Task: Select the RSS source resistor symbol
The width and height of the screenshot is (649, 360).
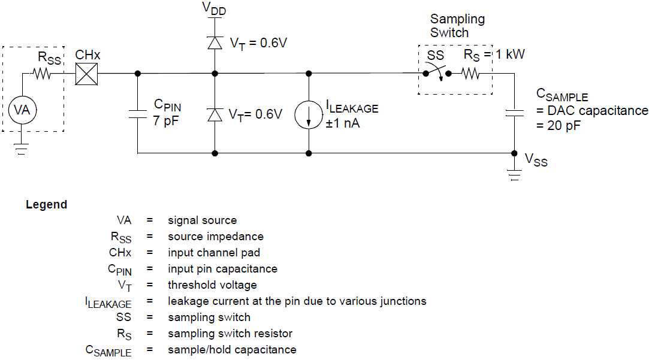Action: (x=43, y=74)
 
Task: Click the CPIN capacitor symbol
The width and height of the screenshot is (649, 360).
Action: (x=138, y=114)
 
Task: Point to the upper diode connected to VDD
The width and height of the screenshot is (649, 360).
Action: (x=215, y=43)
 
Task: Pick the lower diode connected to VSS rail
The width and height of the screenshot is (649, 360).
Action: (x=215, y=114)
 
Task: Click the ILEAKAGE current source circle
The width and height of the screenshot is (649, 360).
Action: (x=309, y=114)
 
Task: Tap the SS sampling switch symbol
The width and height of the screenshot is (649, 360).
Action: (x=437, y=74)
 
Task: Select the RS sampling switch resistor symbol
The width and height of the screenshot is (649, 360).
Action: (x=470, y=74)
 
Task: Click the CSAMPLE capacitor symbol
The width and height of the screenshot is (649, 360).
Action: (x=514, y=112)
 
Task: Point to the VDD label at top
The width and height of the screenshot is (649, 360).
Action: (x=214, y=8)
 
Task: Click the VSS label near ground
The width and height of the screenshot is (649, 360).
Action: (x=536, y=159)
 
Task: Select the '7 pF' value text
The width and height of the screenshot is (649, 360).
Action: (x=166, y=120)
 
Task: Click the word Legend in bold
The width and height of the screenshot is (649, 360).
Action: (x=46, y=205)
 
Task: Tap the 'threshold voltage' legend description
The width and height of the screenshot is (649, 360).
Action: (x=212, y=285)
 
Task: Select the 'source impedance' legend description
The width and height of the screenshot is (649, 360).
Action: (x=215, y=237)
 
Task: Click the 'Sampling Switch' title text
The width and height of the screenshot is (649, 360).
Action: (x=457, y=26)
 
